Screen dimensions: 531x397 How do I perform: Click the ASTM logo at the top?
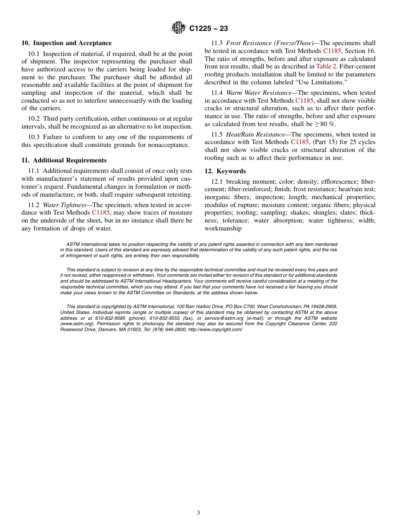pos(178,28)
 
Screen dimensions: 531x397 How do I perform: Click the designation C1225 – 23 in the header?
pos(209,29)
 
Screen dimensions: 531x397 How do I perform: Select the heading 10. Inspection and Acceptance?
pos(66,43)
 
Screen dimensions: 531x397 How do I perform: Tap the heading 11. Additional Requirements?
pos(64,160)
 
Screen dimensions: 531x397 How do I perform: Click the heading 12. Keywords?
pos(225,171)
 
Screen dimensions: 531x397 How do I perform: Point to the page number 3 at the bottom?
pos(198,513)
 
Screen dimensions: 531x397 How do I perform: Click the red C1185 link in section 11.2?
pos(101,212)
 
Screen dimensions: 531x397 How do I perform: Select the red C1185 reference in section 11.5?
pos(300,142)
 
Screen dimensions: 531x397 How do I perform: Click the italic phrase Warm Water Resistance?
pos(259,93)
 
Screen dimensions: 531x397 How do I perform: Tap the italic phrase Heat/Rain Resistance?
pos(257,134)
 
